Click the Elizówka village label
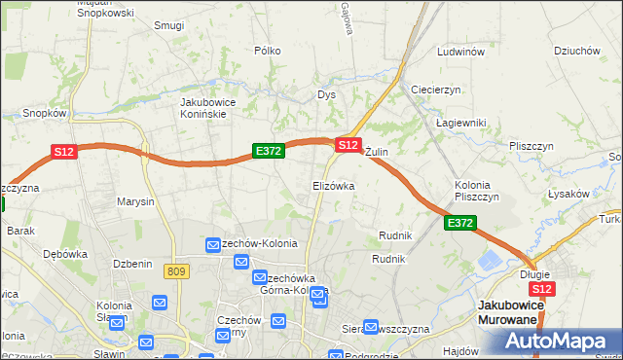click(333, 185)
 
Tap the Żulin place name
click(377, 153)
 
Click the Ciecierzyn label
click(435, 89)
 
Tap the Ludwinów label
click(460, 52)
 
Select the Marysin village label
click(135, 202)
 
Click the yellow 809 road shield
click(176, 271)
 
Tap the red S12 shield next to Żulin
click(348, 144)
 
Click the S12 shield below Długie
click(543, 289)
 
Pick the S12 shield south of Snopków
click(64, 151)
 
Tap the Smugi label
click(168, 25)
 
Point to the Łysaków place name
click(568, 194)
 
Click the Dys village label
click(326, 95)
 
